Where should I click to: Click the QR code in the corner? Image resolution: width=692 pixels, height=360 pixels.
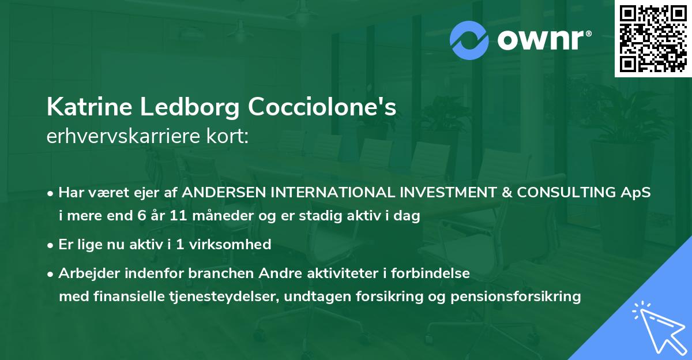[653, 39]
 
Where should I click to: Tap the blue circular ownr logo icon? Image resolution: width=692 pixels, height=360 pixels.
[468, 40]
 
